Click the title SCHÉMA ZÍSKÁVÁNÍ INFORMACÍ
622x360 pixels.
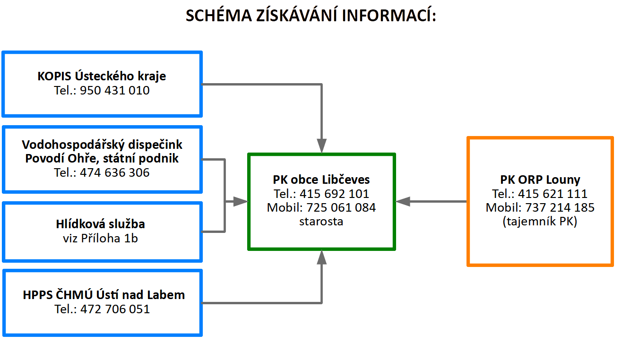[x=311, y=15]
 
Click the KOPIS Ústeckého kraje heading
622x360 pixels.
[x=102, y=76]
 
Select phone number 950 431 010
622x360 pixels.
[x=115, y=91]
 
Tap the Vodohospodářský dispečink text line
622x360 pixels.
[x=102, y=145]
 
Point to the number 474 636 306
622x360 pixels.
[x=115, y=172]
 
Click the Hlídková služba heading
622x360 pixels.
[x=101, y=224]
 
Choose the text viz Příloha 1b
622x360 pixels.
[x=101, y=239]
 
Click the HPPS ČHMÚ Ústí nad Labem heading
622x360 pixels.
[x=104, y=295]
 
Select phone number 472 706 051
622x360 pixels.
[x=115, y=309]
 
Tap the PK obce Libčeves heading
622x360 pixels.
[x=321, y=180]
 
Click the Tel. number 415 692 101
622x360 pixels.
[x=334, y=194]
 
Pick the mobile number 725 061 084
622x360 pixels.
[x=341, y=207]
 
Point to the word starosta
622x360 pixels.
[x=321, y=222]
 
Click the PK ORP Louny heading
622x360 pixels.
[x=540, y=180]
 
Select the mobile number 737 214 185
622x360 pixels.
[x=560, y=207]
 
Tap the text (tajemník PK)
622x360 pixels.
[x=540, y=222]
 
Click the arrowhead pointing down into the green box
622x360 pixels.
[x=321, y=146]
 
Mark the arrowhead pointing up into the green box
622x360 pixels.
[x=321, y=257]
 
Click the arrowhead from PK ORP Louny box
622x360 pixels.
[x=403, y=202]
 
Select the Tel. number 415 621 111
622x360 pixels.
[x=553, y=194]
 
